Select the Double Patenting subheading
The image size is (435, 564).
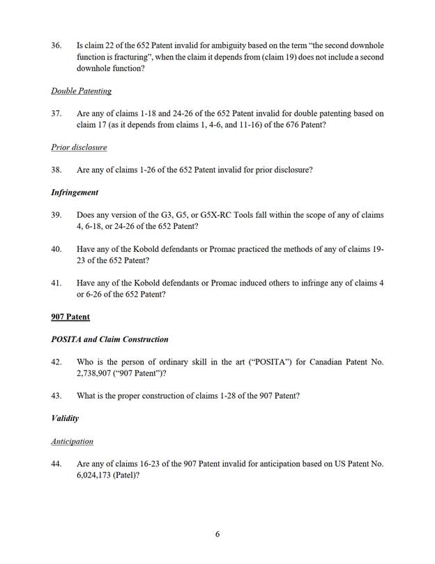(81, 91)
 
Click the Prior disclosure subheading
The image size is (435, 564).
(79, 147)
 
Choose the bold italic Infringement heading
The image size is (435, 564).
(75, 192)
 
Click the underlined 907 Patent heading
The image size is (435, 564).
(70, 317)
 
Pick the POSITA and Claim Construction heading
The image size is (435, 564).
(109, 339)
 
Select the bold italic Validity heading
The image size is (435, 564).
(65, 418)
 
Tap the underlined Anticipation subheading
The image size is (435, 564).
(72, 441)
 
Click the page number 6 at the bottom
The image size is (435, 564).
(217, 535)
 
